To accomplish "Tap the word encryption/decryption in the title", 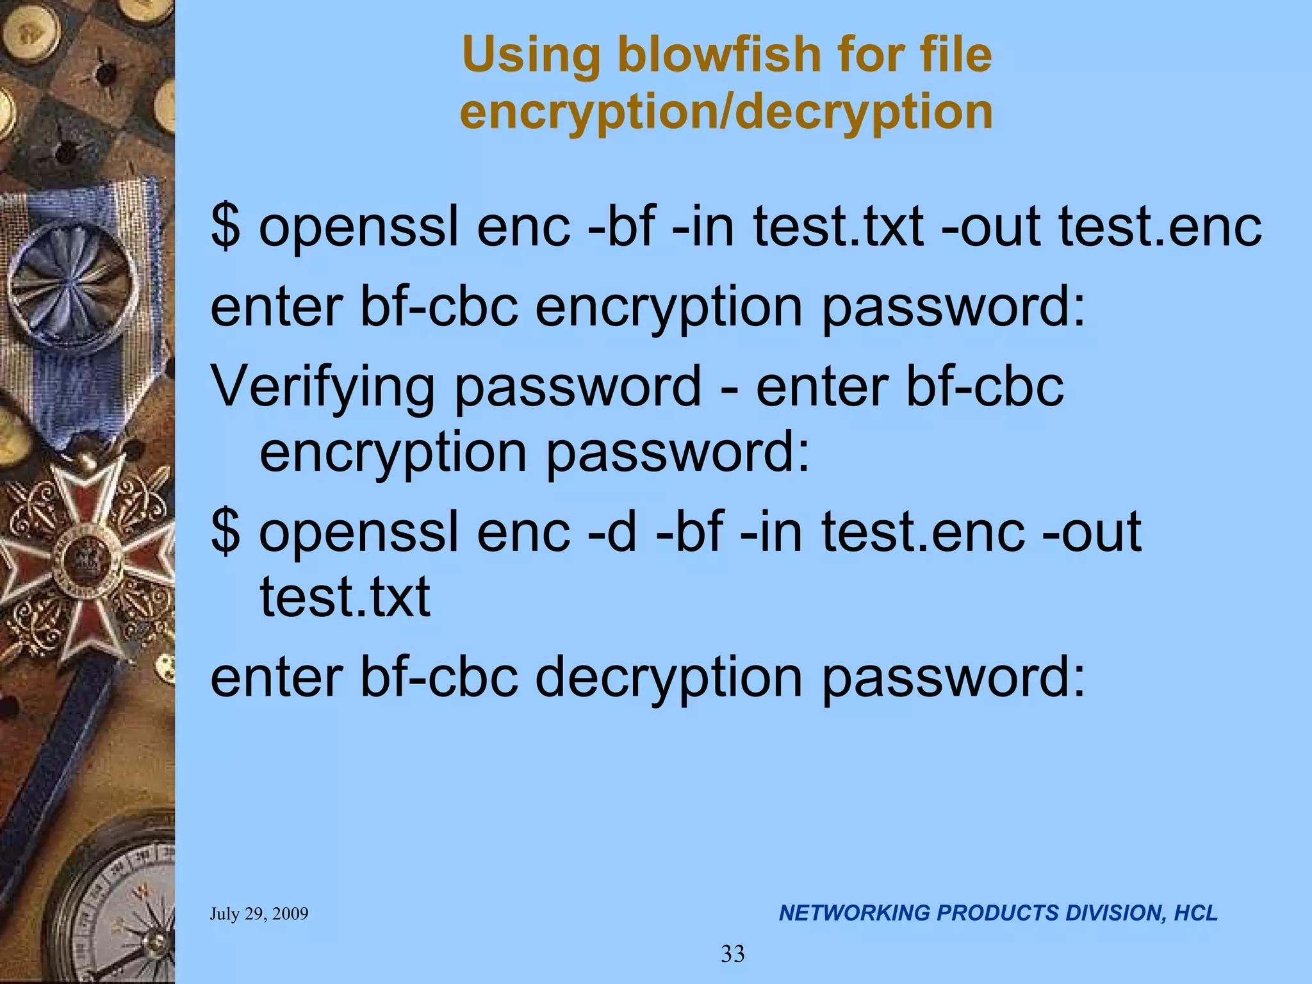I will (x=726, y=111).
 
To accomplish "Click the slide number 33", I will (x=733, y=954).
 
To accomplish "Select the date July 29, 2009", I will (x=259, y=914).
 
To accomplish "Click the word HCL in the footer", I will (x=1195, y=913).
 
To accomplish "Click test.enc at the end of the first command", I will (x=1160, y=227).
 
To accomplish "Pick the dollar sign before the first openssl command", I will (x=225, y=227).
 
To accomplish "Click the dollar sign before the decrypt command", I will (x=225, y=532).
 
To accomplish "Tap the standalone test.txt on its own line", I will (x=345, y=597).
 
